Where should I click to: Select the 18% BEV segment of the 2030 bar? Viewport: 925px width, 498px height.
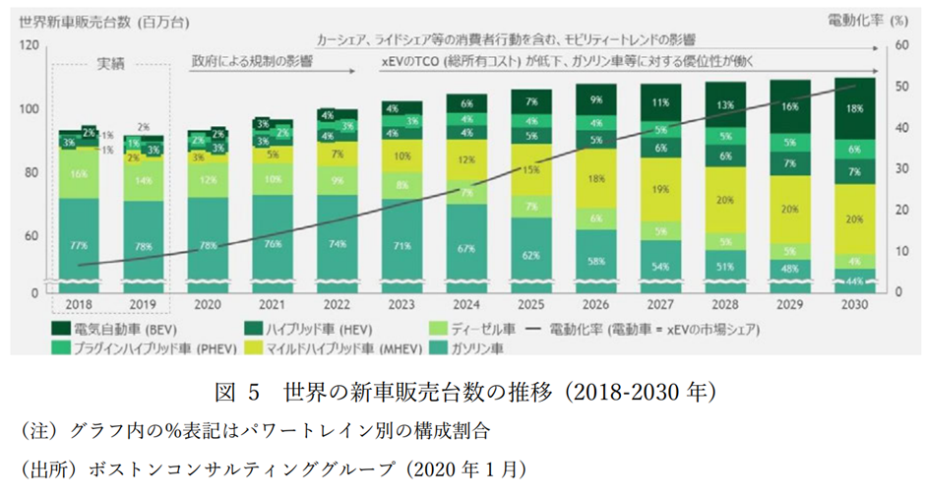pos(854,108)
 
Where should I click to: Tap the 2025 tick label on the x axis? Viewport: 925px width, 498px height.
pos(530,305)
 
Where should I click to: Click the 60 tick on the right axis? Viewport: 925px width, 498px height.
pos(898,45)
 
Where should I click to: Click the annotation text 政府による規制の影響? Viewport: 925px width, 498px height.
pos(252,62)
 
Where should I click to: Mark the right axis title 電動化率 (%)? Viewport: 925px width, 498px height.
pos(866,19)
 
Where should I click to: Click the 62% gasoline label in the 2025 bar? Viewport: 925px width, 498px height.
pos(530,255)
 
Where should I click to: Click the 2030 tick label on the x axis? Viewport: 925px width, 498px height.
pos(853,305)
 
